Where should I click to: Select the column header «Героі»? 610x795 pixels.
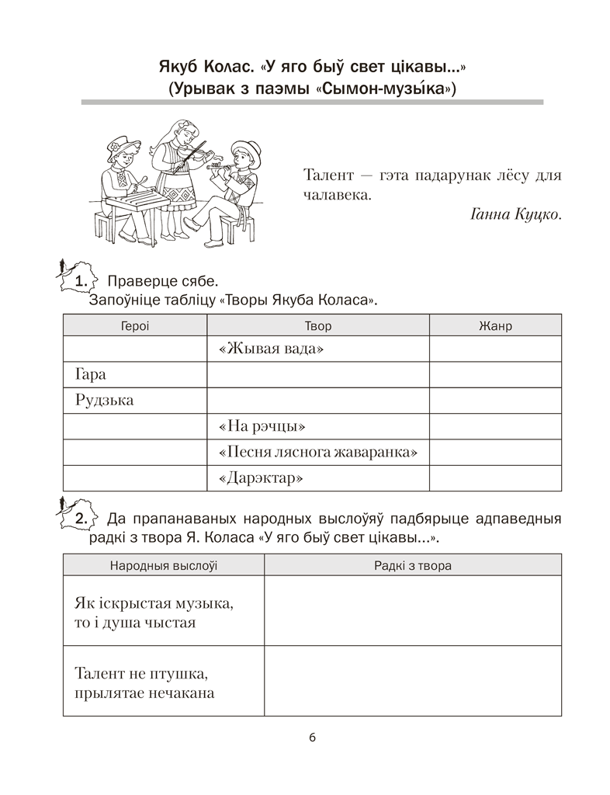coord(135,326)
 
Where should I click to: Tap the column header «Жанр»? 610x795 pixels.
coord(495,326)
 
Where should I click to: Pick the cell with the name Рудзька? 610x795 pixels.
coord(105,401)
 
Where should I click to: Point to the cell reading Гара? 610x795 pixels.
coord(91,375)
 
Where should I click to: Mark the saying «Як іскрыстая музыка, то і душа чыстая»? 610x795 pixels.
coord(154,612)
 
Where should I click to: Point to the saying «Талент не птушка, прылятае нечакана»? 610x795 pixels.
coord(144,682)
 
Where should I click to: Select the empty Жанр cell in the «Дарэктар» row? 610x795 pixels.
coord(495,478)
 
